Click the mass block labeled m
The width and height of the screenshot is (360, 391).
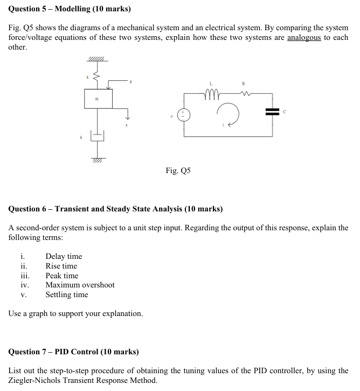[x=98, y=99]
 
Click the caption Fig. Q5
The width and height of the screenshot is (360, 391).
[x=178, y=171]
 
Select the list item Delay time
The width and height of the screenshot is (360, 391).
[x=64, y=256]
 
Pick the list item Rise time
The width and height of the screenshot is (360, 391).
[x=61, y=266]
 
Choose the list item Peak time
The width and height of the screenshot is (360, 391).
[x=61, y=276]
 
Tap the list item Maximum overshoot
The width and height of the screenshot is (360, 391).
[x=80, y=285]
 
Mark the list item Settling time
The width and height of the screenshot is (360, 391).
[x=66, y=294]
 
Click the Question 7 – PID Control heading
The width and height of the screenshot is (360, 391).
[x=73, y=352]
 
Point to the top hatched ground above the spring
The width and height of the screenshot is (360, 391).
[x=98, y=60]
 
